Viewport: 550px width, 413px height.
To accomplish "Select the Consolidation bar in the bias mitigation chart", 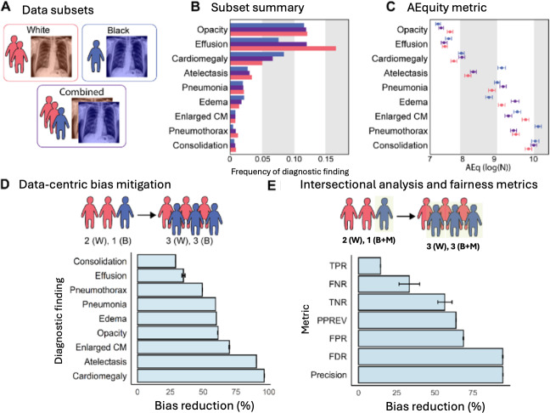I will (x=156, y=261).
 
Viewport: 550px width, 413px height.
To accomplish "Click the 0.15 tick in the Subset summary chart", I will (x=326, y=158).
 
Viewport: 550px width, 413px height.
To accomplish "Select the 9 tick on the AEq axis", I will (x=497, y=158).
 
